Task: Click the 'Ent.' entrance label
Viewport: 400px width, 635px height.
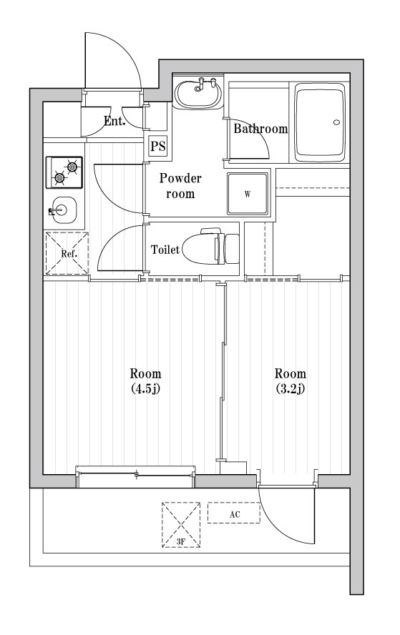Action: (114, 121)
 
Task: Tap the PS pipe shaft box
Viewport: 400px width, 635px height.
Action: (158, 147)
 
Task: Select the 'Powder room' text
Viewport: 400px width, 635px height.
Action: (180, 186)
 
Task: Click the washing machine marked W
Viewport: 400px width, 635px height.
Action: (248, 194)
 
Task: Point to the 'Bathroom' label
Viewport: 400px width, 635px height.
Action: (260, 129)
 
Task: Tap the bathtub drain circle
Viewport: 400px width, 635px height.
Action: (337, 122)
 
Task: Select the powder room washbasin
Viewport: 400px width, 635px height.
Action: (197, 94)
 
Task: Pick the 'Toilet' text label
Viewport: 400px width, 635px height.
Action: (165, 250)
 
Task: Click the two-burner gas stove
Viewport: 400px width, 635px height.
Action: (64, 172)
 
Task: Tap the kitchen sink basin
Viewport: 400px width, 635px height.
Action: (62, 210)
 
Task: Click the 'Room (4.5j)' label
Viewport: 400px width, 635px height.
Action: (145, 381)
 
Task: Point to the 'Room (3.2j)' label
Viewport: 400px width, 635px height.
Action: (291, 381)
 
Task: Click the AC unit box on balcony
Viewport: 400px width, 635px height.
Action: (234, 513)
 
